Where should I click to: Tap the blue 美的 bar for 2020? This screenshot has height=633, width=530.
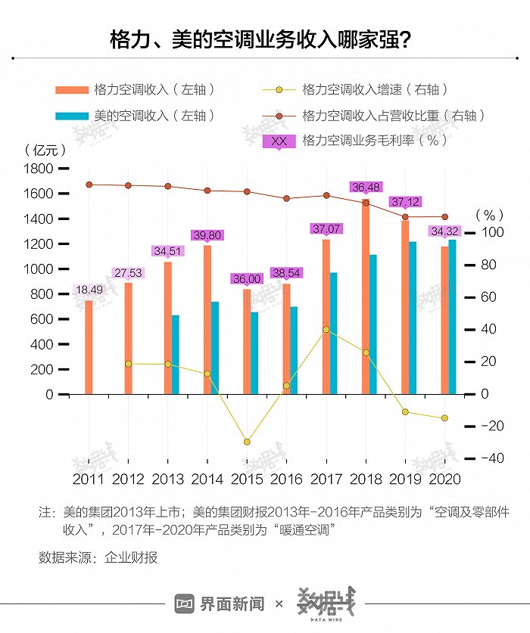coord(453,317)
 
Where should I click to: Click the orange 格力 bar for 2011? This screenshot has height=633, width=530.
coord(89,347)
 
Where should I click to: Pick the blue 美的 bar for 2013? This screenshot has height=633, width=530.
coord(176,355)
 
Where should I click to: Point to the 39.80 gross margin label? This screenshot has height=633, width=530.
coord(207,235)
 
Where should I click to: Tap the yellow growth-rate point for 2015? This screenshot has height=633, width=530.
coord(247,442)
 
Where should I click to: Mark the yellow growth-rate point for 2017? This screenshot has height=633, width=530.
coord(326,330)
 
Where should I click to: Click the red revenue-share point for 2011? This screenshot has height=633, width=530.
coord(89,185)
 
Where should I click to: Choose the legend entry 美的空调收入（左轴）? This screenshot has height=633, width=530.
coord(136,116)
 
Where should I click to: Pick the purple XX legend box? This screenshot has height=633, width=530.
coord(279,141)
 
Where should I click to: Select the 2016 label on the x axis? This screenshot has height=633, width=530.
coord(286,479)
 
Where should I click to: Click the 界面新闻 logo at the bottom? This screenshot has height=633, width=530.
coord(220,604)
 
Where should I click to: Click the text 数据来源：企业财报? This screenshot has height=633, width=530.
coord(98,557)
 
